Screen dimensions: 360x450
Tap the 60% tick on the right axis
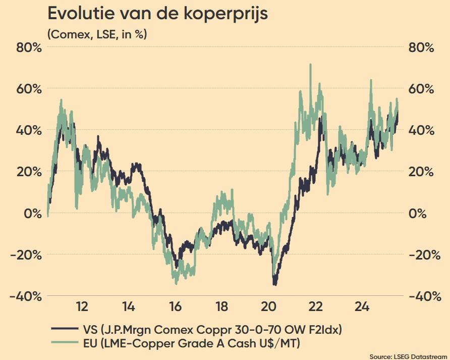tap(420, 89)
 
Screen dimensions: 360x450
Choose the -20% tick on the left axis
tap(23, 254)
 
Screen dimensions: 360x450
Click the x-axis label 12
tap(82, 306)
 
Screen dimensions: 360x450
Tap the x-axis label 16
tap(175, 306)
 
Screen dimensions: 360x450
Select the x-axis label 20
tap(268, 306)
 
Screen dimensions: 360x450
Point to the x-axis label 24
tap(362, 306)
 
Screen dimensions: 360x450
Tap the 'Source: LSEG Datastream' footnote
tap(409, 356)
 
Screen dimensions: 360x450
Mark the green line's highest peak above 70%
tap(310, 65)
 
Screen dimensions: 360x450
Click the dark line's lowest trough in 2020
tap(275, 285)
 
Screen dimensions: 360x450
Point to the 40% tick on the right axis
tap(420, 130)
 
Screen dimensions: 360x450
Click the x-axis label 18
tap(221, 306)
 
